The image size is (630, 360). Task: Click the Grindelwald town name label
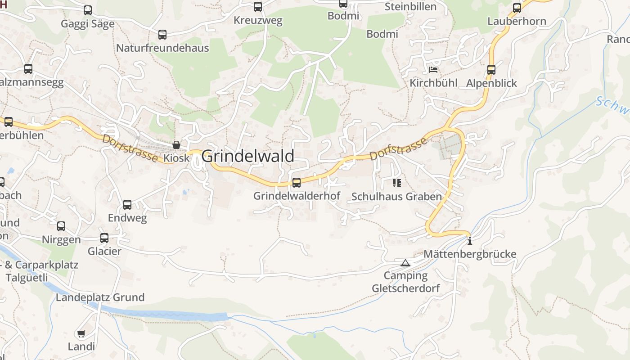tap(247, 156)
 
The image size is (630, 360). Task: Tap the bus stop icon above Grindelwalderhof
tap(297, 182)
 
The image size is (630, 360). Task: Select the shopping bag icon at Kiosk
tap(176, 145)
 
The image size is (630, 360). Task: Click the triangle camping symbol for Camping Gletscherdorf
tap(405, 263)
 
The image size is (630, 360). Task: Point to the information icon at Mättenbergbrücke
tap(470, 241)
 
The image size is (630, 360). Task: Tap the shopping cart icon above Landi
tap(81, 333)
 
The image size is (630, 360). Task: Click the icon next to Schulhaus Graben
tap(396, 183)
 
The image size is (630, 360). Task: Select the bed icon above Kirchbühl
tap(433, 70)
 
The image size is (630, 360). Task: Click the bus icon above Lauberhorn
tap(517, 8)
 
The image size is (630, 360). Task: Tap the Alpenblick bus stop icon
tap(491, 70)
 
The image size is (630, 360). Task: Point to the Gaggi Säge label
tap(88, 24)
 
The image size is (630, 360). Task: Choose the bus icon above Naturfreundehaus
tap(162, 34)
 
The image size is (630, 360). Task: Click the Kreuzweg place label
tap(258, 20)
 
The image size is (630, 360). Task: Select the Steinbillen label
tap(410, 7)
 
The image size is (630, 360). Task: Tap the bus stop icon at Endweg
tap(127, 205)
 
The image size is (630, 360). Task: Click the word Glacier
tap(104, 251)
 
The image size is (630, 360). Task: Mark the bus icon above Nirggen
tap(61, 226)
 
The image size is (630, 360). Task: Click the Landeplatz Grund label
tap(100, 297)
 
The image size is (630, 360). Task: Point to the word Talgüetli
tap(27, 277)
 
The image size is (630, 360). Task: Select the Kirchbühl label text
tap(433, 83)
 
